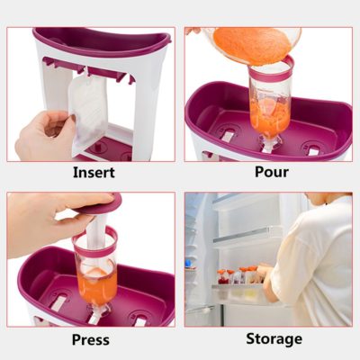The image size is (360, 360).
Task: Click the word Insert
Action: (94, 173)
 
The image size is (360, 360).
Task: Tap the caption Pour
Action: (272, 172)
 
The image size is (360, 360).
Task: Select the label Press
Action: (91, 340)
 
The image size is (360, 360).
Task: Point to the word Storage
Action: (274, 339)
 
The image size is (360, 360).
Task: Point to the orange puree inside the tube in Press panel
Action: (96, 286)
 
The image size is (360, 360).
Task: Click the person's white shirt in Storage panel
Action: (315, 261)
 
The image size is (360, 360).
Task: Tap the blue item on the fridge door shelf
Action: (188, 264)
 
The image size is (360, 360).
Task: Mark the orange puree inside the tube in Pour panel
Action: (269, 115)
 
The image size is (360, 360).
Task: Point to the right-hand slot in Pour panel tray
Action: (312, 151)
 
